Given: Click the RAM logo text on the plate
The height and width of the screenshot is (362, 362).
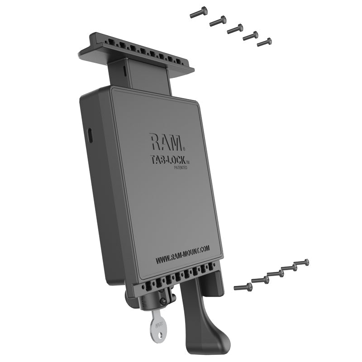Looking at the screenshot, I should tap(166, 142).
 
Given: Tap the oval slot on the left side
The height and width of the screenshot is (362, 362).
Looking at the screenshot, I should tap(90, 135).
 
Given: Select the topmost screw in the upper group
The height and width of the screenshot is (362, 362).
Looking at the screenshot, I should tap(199, 12).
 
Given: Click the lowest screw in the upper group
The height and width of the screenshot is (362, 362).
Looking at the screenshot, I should tap(264, 42).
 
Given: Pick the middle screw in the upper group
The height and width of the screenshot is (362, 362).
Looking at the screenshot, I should tap(235, 29).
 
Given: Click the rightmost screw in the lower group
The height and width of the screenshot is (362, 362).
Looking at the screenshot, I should tap(301, 262).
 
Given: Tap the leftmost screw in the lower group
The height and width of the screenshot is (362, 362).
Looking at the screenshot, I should tap(243, 286).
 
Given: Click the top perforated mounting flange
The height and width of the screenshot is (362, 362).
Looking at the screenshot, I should tap(136, 52).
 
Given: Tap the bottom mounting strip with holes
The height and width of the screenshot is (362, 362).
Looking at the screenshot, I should tap(181, 281).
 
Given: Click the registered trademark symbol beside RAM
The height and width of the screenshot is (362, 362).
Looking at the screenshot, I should tap(184, 149).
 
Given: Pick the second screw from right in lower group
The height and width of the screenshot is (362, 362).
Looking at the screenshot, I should tap(289, 268).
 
